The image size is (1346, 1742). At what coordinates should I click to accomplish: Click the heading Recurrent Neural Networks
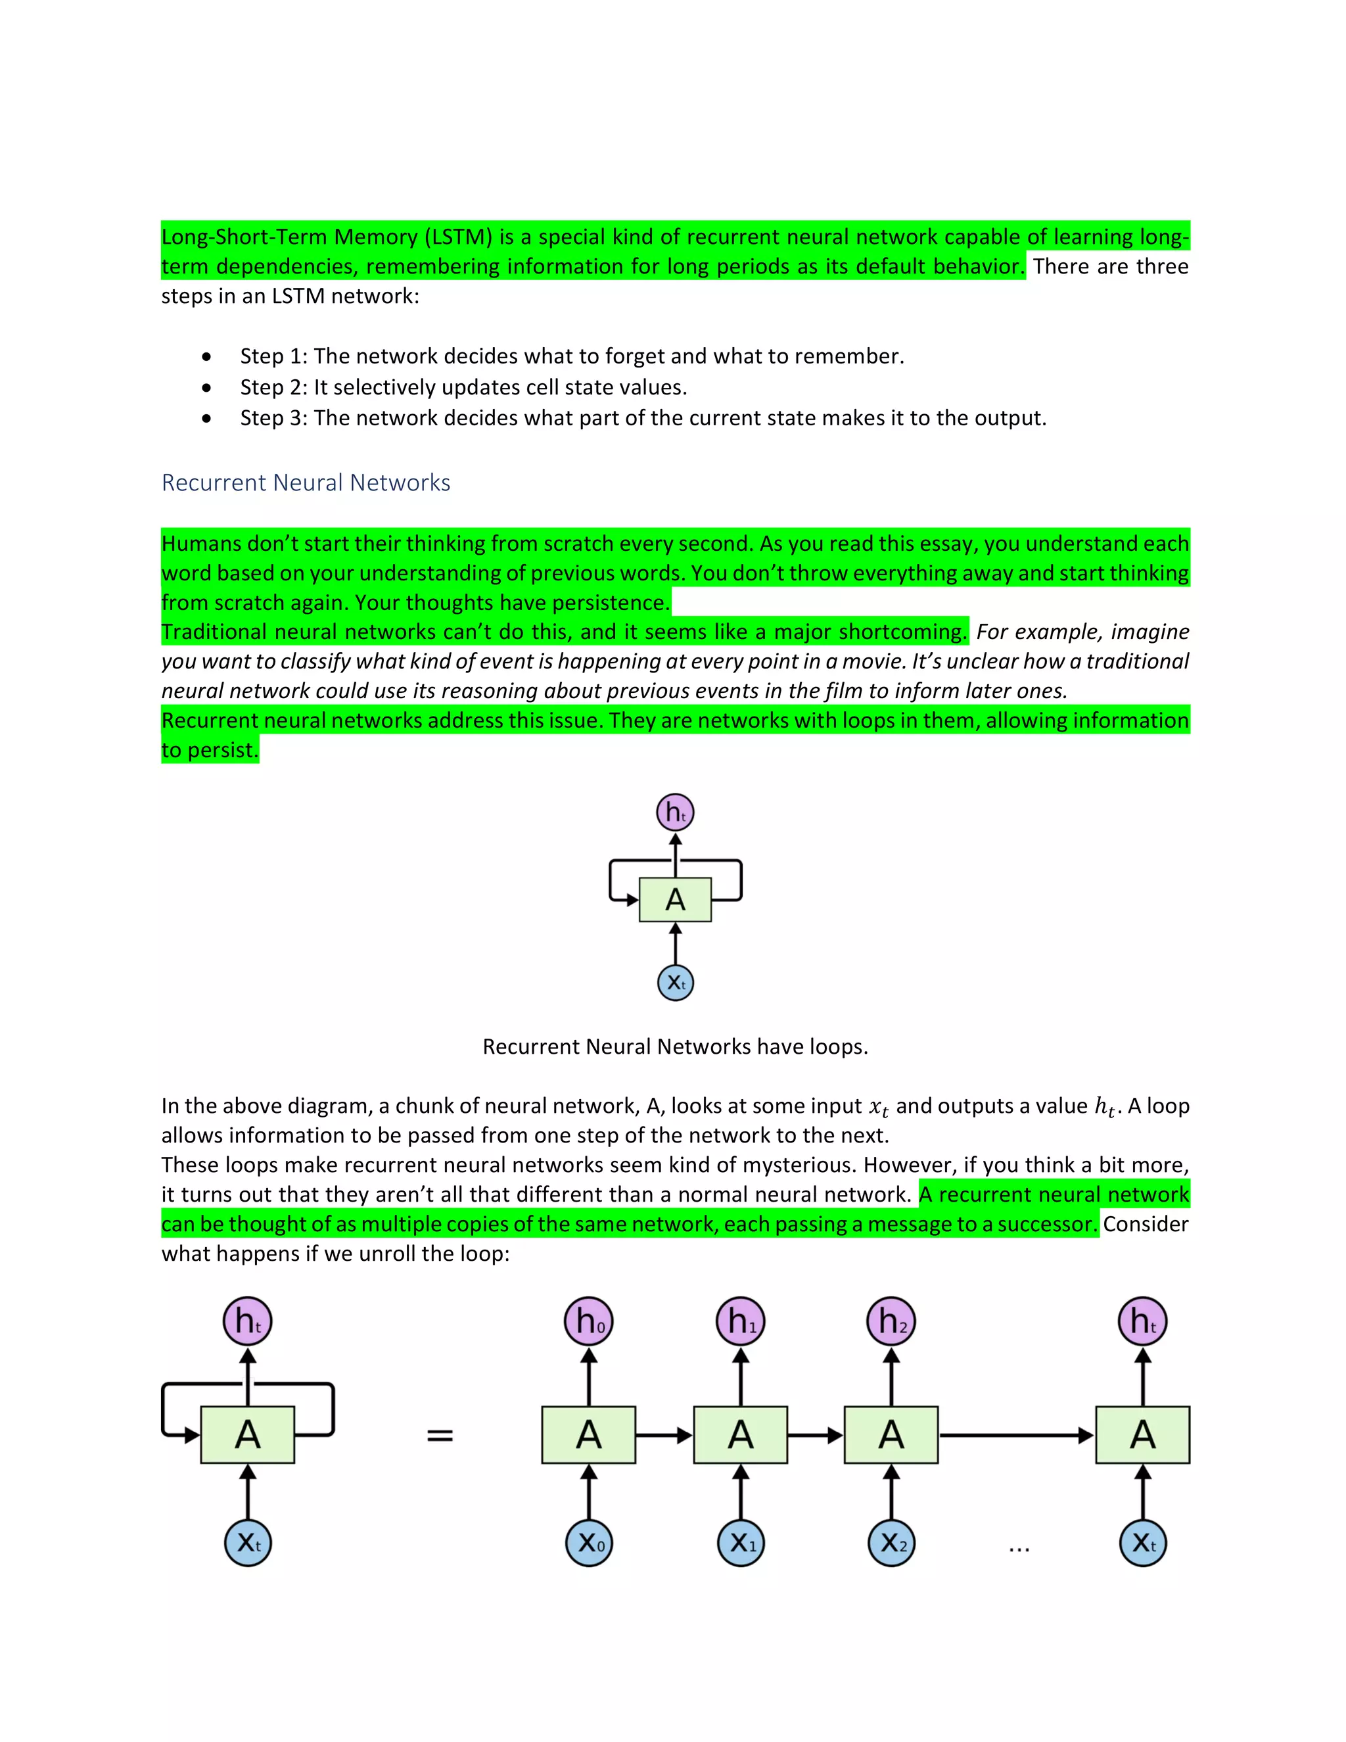tap(306, 483)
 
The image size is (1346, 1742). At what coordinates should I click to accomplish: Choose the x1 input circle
tap(740, 1543)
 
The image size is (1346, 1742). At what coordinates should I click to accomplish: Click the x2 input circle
tap(891, 1543)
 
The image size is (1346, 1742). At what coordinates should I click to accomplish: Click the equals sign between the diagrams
tap(440, 1436)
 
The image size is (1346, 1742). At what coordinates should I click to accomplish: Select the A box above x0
tap(588, 1435)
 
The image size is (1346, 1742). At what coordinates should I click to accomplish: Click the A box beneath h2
tap(891, 1435)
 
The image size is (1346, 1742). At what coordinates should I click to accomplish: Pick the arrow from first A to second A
tap(663, 1436)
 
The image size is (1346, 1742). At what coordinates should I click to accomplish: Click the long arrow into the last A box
tap(1016, 1436)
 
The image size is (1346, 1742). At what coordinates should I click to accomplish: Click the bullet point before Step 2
tap(206, 388)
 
